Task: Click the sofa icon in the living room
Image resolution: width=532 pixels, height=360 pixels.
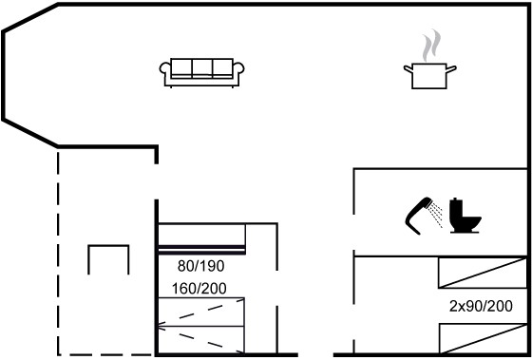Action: click(201, 73)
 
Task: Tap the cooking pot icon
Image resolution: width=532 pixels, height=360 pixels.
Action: click(429, 76)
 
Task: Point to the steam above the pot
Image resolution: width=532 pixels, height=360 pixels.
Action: click(431, 46)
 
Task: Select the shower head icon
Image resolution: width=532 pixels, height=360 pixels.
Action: click(417, 215)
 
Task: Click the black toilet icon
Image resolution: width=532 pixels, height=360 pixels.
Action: click(465, 217)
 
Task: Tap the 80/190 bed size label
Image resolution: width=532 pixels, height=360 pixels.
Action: click(200, 267)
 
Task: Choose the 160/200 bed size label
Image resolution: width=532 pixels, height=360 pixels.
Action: click(199, 289)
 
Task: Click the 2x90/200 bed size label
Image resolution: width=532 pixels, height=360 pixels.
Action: click(481, 307)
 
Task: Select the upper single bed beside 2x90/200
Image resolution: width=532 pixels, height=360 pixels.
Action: click(483, 273)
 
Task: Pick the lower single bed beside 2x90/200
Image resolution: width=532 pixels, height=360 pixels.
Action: click(484, 338)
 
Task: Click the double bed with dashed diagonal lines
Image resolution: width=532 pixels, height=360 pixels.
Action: click(200, 326)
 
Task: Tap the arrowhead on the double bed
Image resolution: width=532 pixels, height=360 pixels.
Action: click(161, 327)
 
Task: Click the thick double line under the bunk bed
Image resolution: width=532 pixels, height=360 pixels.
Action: click(201, 250)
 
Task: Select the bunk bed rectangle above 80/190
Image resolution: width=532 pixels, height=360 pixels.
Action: click(201, 238)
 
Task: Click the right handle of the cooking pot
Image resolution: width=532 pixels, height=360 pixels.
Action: click(451, 69)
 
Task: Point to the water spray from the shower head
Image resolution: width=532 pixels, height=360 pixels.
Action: click(436, 215)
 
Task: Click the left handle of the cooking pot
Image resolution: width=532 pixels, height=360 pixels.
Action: click(408, 69)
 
